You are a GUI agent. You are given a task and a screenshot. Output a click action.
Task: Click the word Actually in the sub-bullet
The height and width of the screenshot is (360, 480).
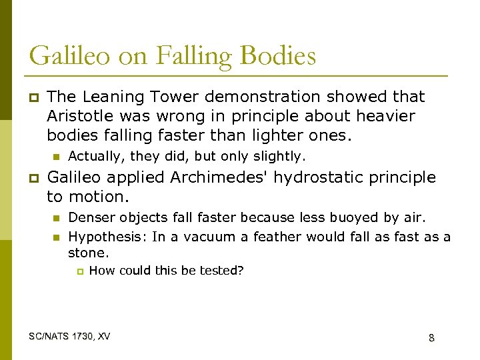[x=93, y=157]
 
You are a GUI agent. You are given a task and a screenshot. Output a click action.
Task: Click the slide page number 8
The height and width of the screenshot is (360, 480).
[x=431, y=338]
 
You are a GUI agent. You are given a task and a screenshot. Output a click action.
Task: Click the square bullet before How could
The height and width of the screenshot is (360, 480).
[x=79, y=271]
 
